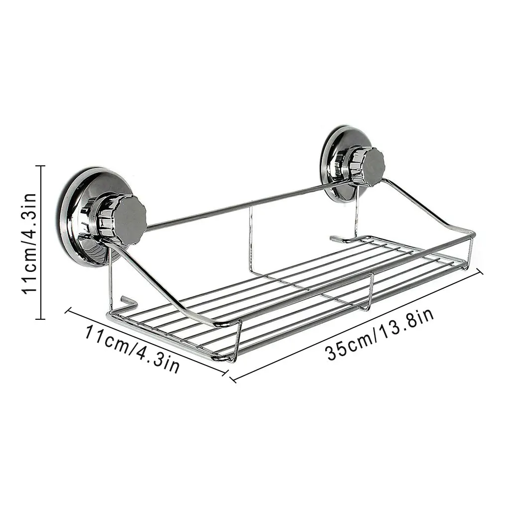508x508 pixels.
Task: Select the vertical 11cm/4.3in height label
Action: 29,243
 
